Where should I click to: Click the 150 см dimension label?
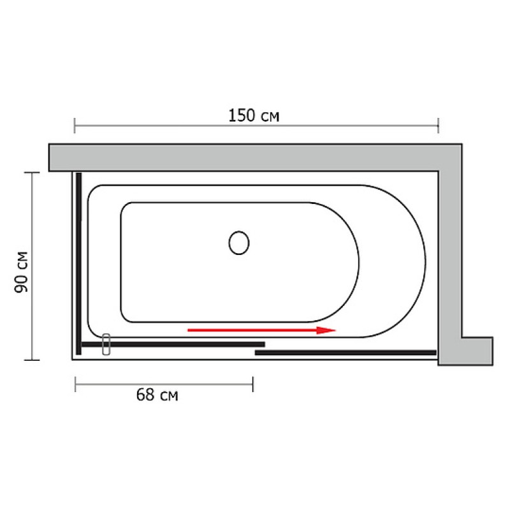click(x=254, y=115)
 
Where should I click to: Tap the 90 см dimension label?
click(x=22, y=272)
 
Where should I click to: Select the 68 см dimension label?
click(x=157, y=395)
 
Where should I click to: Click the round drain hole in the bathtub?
click(x=239, y=243)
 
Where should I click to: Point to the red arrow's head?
click(x=326, y=330)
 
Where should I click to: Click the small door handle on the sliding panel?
click(x=106, y=344)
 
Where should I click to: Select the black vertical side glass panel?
click(x=78, y=263)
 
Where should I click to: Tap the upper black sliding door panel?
click(x=173, y=344)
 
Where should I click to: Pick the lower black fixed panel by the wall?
click(x=346, y=353)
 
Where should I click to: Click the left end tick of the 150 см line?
click(x=75, y=126)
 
